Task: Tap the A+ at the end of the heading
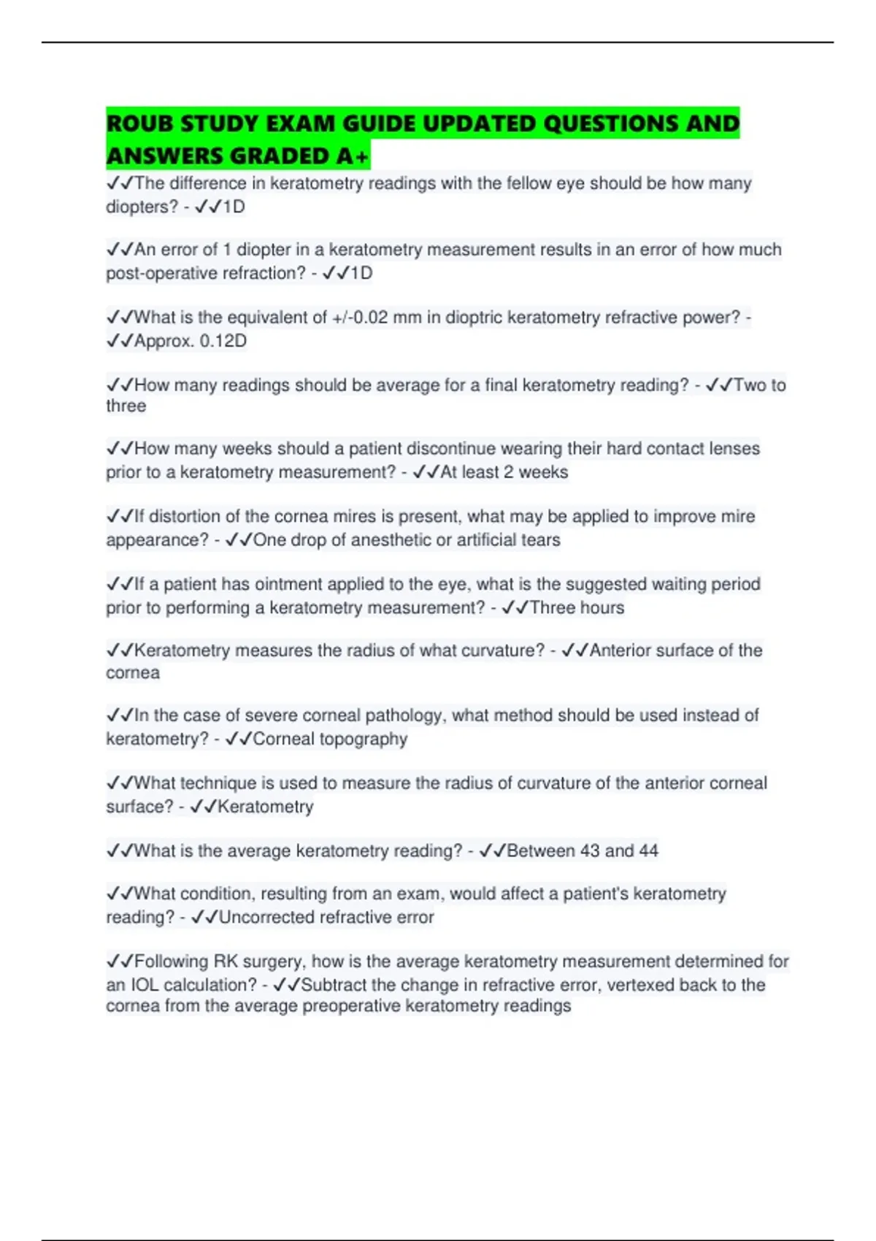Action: pyautogui.click(x=353, y=156)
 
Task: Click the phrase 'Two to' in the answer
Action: pyautogui.click(x=759, y=385)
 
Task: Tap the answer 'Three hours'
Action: pyautogui.click(x=577, y=607)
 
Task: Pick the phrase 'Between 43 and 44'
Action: pyautogui.click(x=583, y=850)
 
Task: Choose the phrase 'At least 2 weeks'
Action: pyautogui.click(x=504, y=472)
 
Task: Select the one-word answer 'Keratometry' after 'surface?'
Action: pyautogui.click(x=266, y=807)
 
